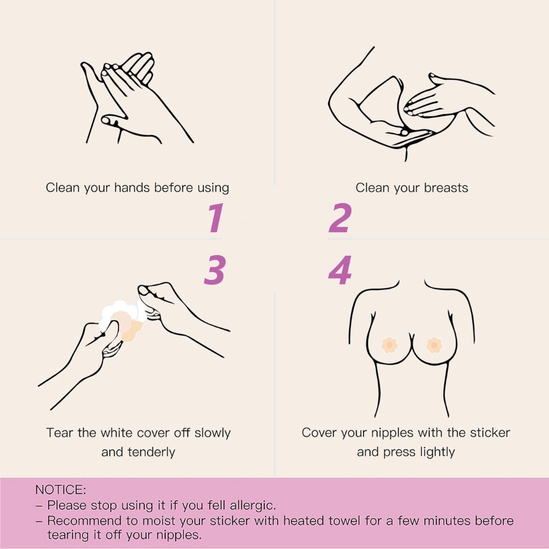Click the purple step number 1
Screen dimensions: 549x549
pos(215,218)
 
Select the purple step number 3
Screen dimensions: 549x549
pos(214,270)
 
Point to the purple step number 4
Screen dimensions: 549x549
pos(340,270)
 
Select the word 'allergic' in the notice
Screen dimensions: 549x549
pos(253,505)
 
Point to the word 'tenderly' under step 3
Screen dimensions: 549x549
pos(151,452)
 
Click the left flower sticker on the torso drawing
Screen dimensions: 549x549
pos(389,345)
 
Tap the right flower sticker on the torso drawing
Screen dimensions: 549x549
pos(434,345)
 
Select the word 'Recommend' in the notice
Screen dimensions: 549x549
pos(84,521)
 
